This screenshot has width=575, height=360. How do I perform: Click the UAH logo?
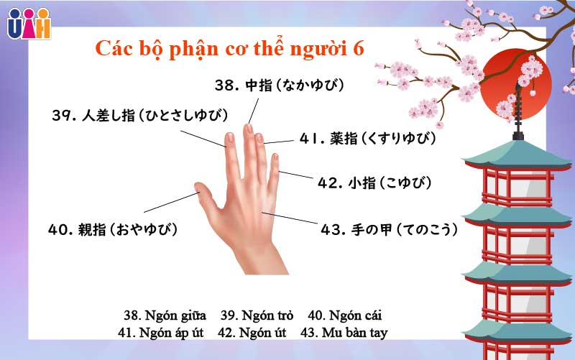(x=29, y=22)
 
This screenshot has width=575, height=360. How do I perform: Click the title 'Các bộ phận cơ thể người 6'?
(x=230, y=48)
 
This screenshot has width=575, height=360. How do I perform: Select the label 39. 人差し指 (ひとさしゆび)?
(x=139, y=115)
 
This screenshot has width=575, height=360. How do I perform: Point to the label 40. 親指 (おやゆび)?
(x=112, y=230)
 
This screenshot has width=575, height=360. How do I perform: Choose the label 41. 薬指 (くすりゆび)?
(x=367, y=138)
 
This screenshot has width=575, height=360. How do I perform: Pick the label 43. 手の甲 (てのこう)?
(x=389, y=231)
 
